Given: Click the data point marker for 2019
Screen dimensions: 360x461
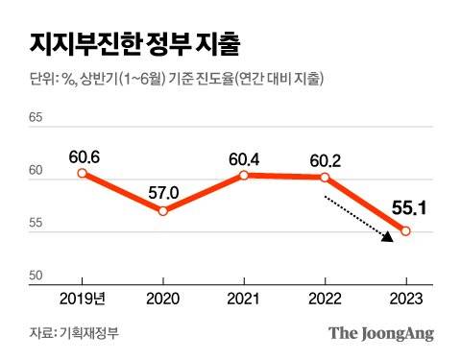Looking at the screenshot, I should click(82, 174).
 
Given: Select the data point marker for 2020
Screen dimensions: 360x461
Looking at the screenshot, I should click(163, 210).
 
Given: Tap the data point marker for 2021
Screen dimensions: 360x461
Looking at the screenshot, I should click(244, 175).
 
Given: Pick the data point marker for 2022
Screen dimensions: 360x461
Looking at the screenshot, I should click(325, 178).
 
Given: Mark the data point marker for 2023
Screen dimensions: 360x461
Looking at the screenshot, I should click(405, 230).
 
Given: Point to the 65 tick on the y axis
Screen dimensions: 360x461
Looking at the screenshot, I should click(38, 119).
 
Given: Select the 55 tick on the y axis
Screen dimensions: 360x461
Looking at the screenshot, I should click(38, 224).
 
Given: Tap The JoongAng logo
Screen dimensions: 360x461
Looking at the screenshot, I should click(381, 334).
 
